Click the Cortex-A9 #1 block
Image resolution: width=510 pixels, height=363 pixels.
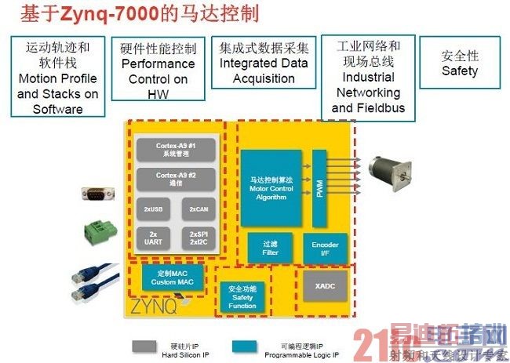(x=176, y=148)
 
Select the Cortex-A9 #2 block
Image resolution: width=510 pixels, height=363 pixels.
(x=176, y=178)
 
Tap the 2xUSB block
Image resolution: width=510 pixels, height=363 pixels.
(x=153, y=209)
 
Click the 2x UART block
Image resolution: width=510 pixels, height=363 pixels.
(x=153, y=238)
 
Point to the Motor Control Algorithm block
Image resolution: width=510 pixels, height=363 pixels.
(x=271, y=188)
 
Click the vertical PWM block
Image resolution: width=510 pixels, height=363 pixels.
(x=319, y=188)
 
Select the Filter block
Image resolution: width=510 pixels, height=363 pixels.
(x=270, y=247)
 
